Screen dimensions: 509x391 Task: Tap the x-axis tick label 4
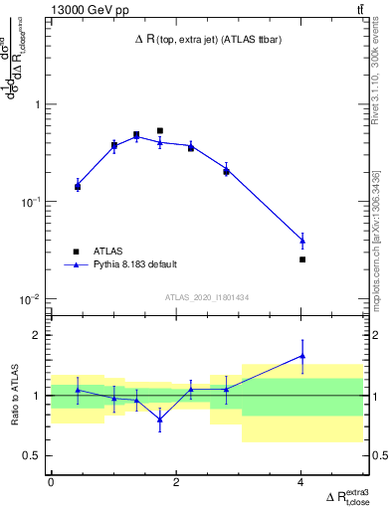(301, 481)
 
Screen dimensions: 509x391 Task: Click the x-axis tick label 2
(176, 481)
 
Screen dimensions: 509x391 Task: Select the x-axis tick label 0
(51, 481)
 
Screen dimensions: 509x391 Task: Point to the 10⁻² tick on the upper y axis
(30, 299)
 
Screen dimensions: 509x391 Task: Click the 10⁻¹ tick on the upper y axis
(30, 202)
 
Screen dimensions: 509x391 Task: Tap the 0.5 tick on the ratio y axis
(32, 455)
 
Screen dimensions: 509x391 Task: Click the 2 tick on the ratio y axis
(38, 335)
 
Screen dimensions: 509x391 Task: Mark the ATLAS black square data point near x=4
(302, 259)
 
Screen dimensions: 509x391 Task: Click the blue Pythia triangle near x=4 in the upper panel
(302, 241)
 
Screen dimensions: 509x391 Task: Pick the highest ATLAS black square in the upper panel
(159, 130)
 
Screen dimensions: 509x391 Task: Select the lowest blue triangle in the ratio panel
(159, 420)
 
